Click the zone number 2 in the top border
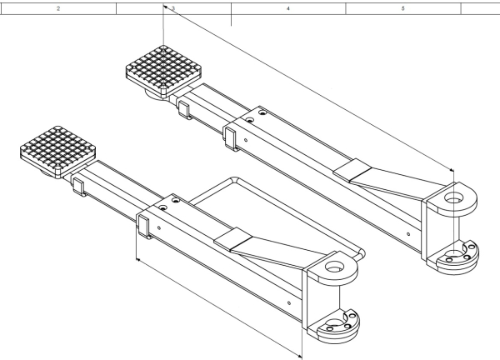point(57,7)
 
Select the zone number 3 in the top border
point(172,7)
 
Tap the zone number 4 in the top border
point(287,7)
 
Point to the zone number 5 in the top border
point(402,7)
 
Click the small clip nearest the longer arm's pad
point(184,109)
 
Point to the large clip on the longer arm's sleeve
point(231,136)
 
